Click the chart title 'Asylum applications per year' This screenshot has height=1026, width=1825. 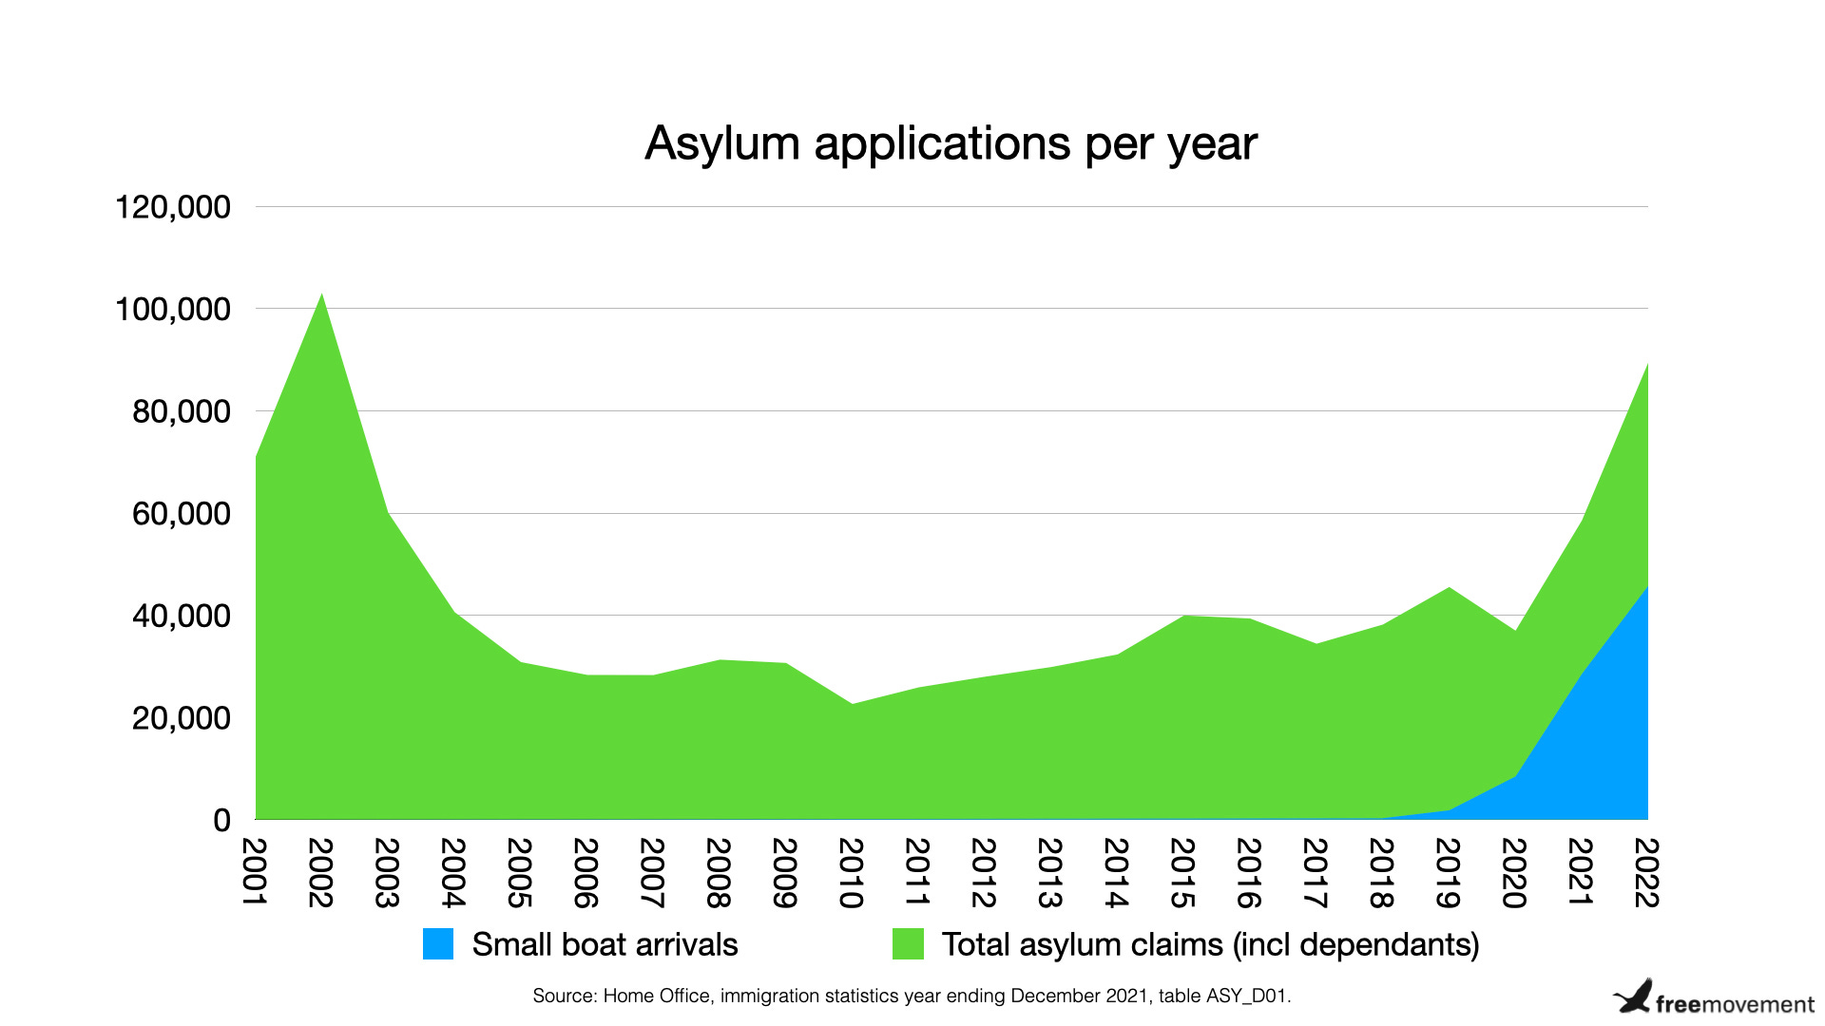click(x=951, y=144)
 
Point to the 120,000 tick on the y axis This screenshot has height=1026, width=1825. click(x=172, y=207)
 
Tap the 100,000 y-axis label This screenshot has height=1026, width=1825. click(x=172, y=310)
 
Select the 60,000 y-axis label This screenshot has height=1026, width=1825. click(x=181, y=514)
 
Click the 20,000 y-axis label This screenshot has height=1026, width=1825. click(x=181, y=718)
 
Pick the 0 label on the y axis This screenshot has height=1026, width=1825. click(x=221, y=820)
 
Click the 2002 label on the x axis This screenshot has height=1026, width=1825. click(x=321, y=872)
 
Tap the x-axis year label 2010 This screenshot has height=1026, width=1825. click(x=852, y=872)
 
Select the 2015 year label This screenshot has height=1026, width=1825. click(x=1183, y=872)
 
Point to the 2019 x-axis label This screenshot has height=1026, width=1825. click(x=1449, y=872)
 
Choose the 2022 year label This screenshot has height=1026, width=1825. click(x=1647, y=872)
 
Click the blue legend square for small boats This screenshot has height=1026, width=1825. click(x=438, y=944)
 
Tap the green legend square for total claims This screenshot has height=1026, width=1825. click(x=908, y=944)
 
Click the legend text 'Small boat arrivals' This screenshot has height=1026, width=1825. click(x=605, y=944)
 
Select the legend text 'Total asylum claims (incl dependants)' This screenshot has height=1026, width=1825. click(x=1210, y=944)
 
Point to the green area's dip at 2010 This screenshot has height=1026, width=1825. click(x=853, y=704)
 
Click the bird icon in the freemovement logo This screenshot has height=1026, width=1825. click(x=1634, y=997)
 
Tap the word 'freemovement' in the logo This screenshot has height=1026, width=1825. click(x=1735, y=1005)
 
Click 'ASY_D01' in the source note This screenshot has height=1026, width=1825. click(x=1246, y=997)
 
